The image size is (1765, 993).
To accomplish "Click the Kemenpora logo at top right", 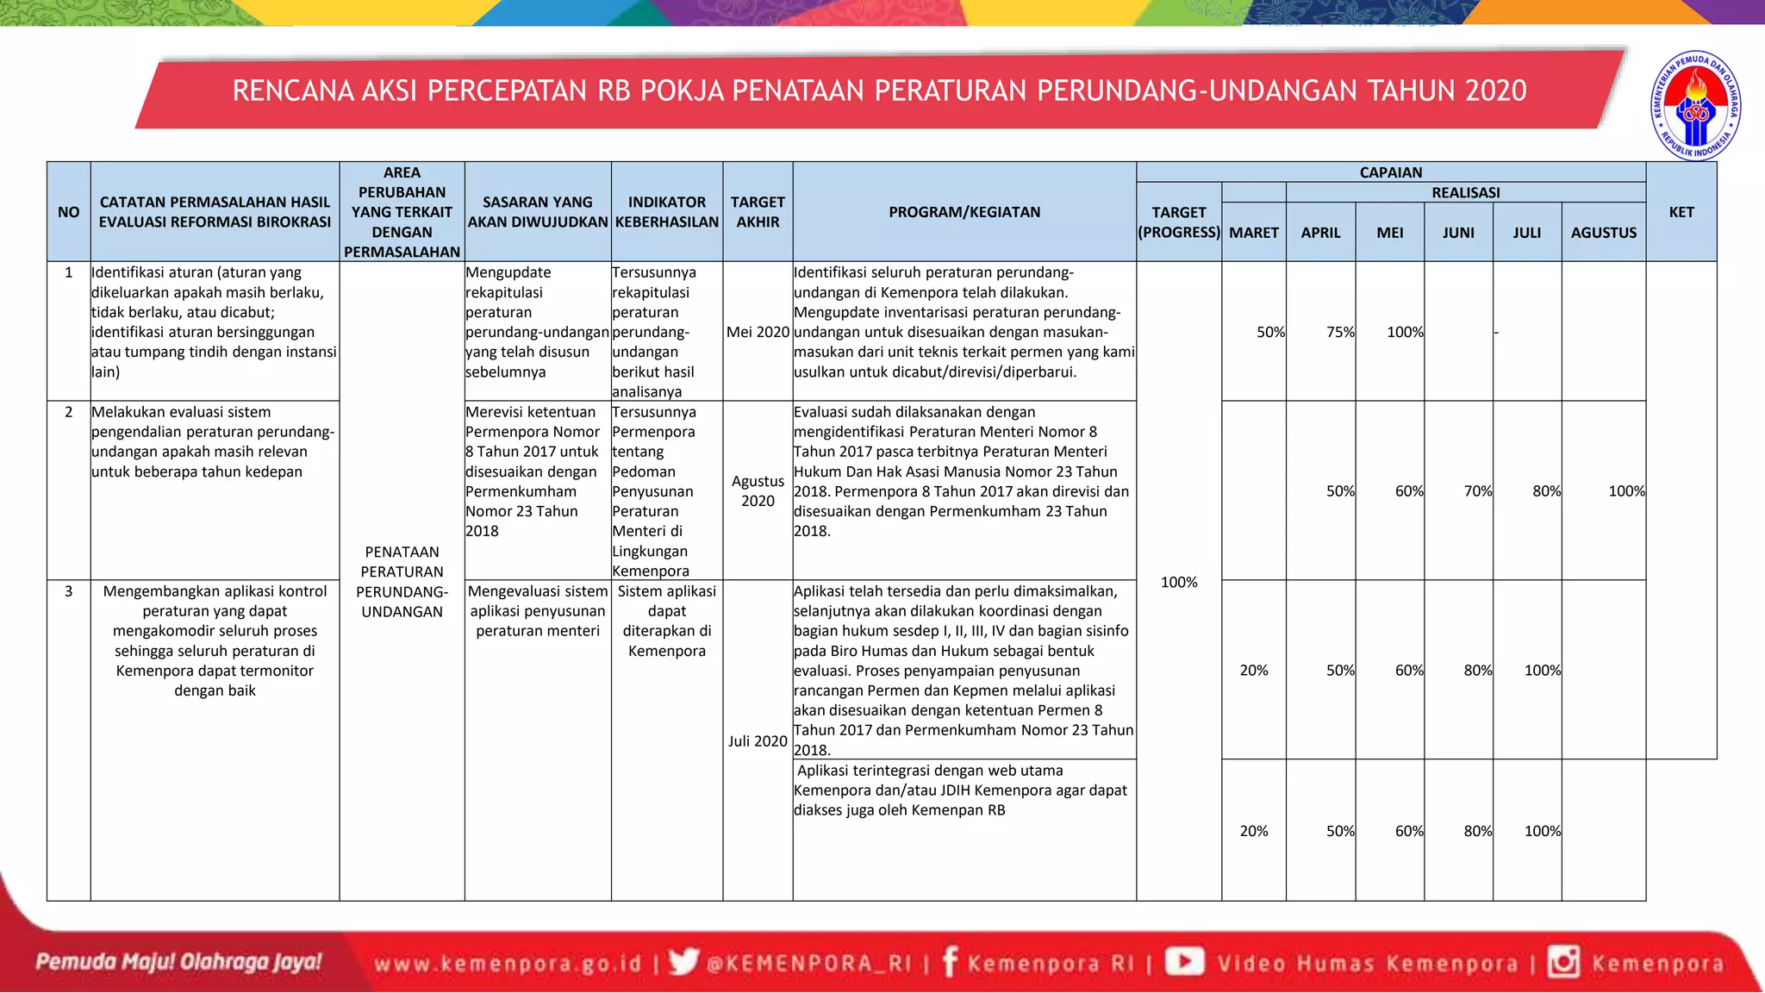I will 1695,106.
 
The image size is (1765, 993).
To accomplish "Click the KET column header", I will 1681,212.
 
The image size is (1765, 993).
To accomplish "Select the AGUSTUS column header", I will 1603,233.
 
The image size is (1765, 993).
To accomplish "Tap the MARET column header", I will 1253,233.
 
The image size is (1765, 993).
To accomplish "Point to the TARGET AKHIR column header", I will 758,212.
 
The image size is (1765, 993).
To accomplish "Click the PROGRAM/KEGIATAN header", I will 964,212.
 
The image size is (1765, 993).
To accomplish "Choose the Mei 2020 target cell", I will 758,332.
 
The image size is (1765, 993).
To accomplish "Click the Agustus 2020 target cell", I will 758,490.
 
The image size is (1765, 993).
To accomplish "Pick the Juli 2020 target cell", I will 758,741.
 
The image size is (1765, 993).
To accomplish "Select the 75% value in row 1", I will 1340,332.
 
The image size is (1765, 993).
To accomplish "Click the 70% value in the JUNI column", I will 1477,491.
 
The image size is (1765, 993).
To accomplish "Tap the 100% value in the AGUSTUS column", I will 1625,491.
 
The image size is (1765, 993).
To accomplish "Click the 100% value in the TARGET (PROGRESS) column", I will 1178,583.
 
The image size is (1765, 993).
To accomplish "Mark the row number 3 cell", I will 69,591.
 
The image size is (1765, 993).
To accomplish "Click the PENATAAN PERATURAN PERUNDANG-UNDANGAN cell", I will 402,582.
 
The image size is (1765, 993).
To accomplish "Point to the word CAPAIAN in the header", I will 1390,172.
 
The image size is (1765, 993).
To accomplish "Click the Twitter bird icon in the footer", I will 683,961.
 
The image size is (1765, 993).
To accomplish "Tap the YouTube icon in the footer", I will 1185,961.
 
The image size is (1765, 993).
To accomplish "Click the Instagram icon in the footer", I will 1563,961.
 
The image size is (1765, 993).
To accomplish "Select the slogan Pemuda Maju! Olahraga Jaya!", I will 178,961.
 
